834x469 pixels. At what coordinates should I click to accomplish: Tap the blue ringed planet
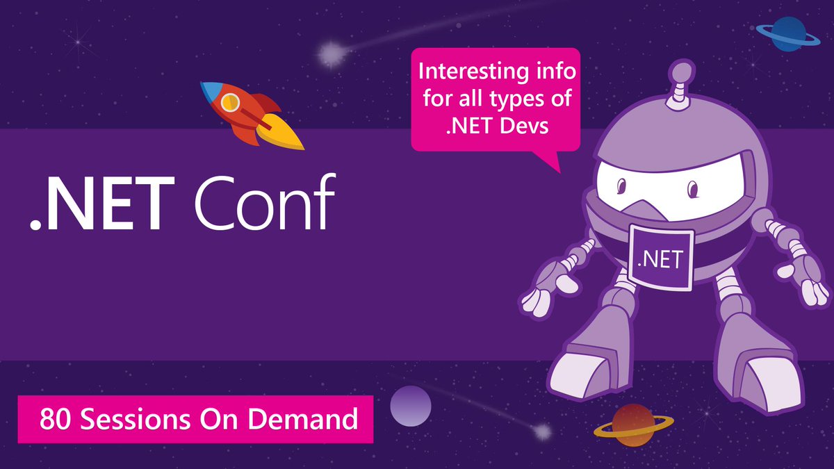click(787, 34)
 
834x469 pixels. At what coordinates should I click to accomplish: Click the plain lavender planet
click(410, 406)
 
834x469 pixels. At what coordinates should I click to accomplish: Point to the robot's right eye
click(692, 189)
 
